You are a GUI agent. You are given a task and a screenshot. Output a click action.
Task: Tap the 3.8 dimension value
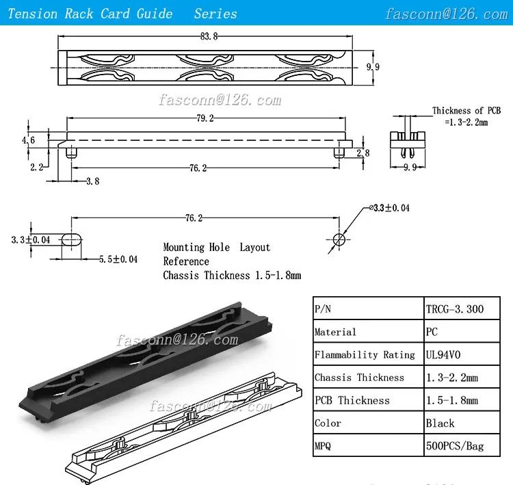92,182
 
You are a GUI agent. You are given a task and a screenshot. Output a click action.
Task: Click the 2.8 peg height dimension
363,153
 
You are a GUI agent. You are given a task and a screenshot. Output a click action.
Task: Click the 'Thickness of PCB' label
467,110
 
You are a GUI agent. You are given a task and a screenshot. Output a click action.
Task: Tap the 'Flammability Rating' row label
365,354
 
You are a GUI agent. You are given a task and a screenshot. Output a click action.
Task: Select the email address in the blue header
455,14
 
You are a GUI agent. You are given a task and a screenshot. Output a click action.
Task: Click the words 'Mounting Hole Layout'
216,247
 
